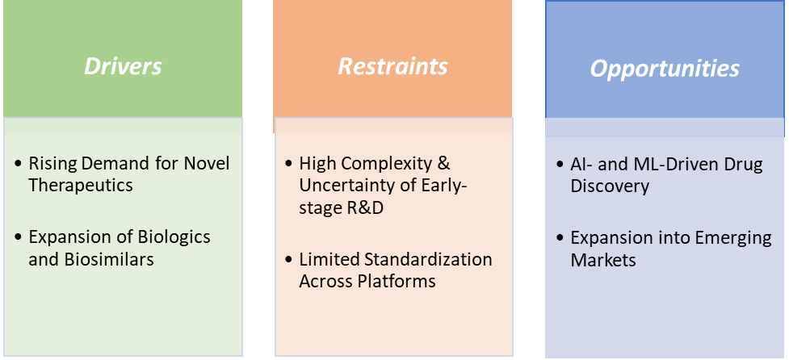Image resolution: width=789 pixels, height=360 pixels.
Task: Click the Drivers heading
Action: tap(123, 65)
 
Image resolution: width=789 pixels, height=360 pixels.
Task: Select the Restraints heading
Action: tap(392, 65)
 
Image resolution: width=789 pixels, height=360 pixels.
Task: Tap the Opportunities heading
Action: tap(665, 68)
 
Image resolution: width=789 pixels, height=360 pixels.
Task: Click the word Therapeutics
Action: tap(81, 185)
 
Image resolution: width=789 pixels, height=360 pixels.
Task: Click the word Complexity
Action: tap(384, 164)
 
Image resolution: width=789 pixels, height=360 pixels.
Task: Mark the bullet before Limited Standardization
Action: tap(288, 260)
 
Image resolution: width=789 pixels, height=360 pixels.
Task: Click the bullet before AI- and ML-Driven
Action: tap(560, 165)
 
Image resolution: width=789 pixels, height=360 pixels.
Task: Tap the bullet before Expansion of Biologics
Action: tap(18, 238)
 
